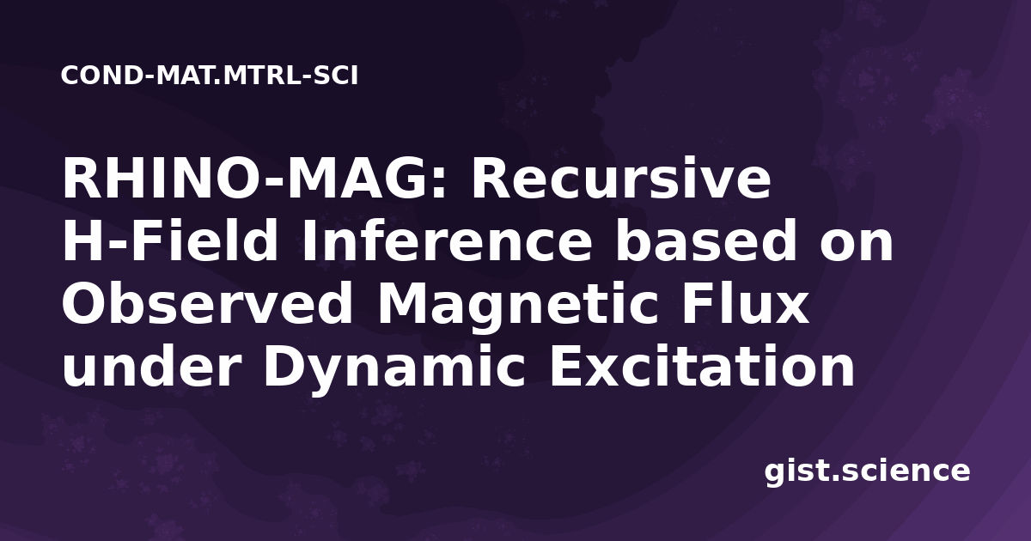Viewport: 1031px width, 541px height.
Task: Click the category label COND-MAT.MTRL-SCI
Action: [x=210, y=76]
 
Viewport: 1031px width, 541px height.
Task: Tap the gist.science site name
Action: [x=867, y=472]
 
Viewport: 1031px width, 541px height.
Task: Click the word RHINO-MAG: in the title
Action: [x=254, y=178]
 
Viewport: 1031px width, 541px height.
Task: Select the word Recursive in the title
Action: [x=621, y=178]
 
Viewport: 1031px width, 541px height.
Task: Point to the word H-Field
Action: [x=170, y=241]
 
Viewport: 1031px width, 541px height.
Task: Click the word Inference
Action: [x=447, y=241]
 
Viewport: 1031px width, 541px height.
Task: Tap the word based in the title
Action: [x=706, y=241]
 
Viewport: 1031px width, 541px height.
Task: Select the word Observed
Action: [x=207, y=304]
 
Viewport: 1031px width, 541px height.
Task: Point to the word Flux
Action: [x=745, y=304]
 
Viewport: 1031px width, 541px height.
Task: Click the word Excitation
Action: [x=701, y=368]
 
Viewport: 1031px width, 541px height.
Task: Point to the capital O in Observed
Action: [x=84, y=304]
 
